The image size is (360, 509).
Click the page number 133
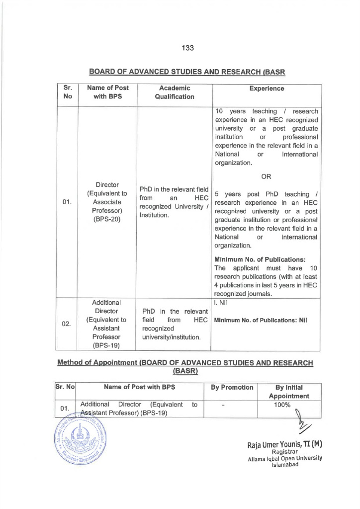(x=187, y=48)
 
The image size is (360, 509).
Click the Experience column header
(x=267, y=88)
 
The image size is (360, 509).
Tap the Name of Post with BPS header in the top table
(x=107, y=92)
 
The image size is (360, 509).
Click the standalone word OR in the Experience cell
(x=267, y=176)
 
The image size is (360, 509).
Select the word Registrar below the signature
(x=284, y=452)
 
